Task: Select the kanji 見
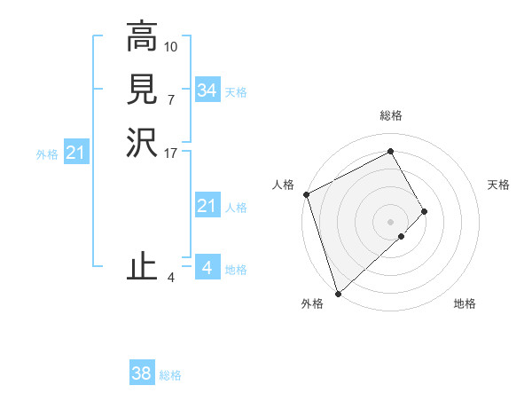pyautogui.click(x=141, y=90)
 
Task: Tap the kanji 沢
pyautogui.click(x=141, y=143)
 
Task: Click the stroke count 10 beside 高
pyautogui.click(x=171, y=45)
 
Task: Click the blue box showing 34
pyautogui.click(x=207, y=90)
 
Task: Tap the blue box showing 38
pyautogui.click(x=141, y=374)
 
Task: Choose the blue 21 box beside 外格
pyautogui.click(x=76, y=153)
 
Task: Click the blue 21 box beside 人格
pyautogui.click(x=207, y=206)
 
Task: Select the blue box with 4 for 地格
pyautogui.click(x=207, y=267)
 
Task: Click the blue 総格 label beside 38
pyautogui.click(x=170, y=375)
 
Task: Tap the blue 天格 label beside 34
pyautogui.click(x=236, y=92)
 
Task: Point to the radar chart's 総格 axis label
pyautogui.click(x=391, y=115)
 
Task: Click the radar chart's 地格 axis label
pyautogui.click(x=465, y=304)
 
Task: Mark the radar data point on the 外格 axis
pyautogui.click(x=338, y=293)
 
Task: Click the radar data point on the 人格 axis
pyautogui.click(x=306, y=194)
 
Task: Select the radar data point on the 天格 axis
pyautogui.click(x=425, y=211)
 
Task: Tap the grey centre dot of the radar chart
pyautogui.click(x=390, y=221)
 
